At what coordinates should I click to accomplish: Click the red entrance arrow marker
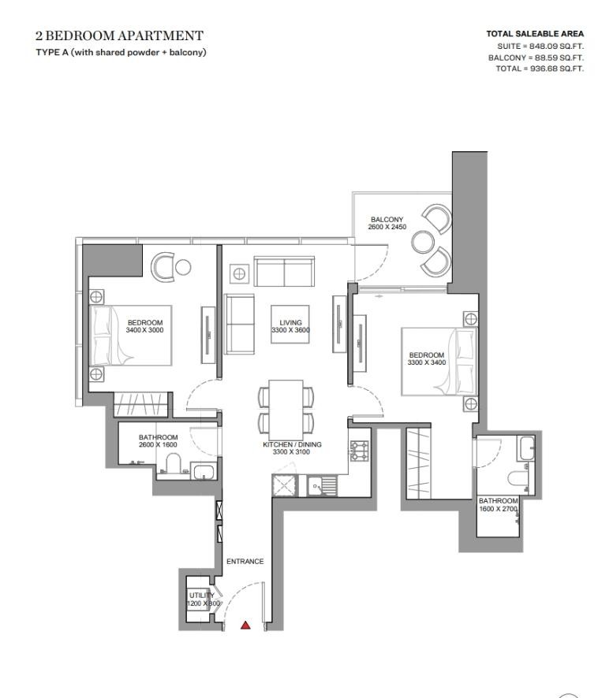pyautogui.click(x=245, y=626)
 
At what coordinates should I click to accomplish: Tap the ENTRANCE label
pyautogui.click(x=245, y=562)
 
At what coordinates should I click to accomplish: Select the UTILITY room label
pyautogui.click(x=201, y=595)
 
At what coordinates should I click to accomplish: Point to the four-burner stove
pyautogui.click(x=359, y=451)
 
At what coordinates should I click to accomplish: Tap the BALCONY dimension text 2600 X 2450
pyautogui.click(x=387, y=227)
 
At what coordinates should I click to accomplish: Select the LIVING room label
pyautogui.click(x=290, y=322)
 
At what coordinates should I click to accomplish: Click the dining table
pyautogui.click(x=286, y=409)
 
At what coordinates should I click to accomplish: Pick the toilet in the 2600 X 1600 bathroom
pyautogui.click(x=172, y=463)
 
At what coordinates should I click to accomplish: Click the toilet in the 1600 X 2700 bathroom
pyautogui.click(x=518, y=478)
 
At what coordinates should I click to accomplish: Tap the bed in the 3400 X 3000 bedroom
pyautogui.click(x=131, y=335)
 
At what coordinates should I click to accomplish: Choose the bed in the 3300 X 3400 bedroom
pyautogui.click(x=439, y=362)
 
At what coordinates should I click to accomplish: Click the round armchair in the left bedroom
pyautogui.click(x=163, y=266)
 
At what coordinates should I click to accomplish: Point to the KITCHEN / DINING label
pyautogui.click(x=292, y=444)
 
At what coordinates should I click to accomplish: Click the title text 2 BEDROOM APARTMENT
pyautogui.click(x=119, y=35)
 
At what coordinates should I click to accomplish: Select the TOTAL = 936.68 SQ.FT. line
pyautogui.click(x=540, y=69)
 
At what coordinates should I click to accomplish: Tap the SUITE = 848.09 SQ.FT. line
pyautogui.click(x=540, y=46)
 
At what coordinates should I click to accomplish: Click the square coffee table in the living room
pyautogui.click(x=290, y=324)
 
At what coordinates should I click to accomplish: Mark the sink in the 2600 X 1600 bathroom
pyautogui.click(x=204, y=471)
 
